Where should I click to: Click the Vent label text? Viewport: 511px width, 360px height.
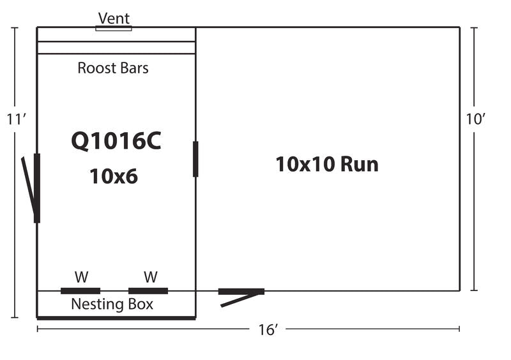[114, 19]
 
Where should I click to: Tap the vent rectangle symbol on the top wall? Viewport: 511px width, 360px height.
[114, 28]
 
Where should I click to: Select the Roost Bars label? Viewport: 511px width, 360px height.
[113, 68]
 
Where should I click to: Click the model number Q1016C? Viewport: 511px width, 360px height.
[116, 140]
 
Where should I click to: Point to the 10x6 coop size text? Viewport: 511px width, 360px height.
[114, 176]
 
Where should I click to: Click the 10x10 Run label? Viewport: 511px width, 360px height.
[327, 164]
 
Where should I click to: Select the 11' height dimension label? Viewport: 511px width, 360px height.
[16, 119]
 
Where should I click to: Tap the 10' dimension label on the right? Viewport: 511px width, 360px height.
[475, 119]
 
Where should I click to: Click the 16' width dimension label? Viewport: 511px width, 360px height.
[268, 330]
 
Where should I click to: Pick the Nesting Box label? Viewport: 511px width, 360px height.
[112, 304]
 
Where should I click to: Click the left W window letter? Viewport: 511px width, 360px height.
[81, 277]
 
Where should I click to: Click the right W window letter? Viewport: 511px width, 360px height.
[151, 277]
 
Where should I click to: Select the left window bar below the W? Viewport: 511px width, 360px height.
[80, 291]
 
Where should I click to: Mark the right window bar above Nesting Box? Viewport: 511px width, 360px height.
[148, 291]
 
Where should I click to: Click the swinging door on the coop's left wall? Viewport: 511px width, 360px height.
[31, 188]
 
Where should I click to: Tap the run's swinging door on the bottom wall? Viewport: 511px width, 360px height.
[241, 297]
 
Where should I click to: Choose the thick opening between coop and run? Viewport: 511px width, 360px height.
[195, 159]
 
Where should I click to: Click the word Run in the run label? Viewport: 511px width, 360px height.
[360, 164]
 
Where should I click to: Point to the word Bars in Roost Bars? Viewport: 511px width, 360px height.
[134, 68]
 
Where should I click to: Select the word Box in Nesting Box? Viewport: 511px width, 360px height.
[141, 304]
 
